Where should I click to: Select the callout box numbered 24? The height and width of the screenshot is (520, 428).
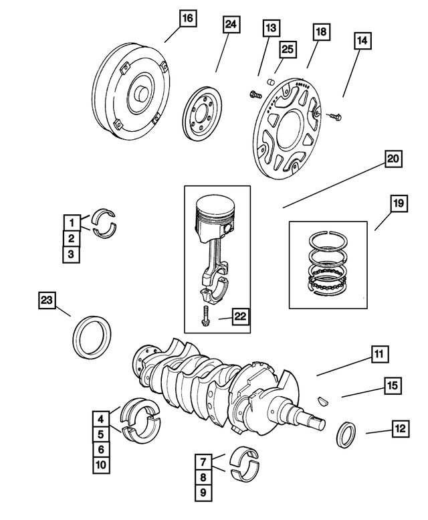pyautogui.click(x=230, y=25)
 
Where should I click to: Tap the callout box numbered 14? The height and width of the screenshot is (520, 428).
pyautogui.click(x=361, y=41)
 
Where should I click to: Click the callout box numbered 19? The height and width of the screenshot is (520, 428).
pyautogui.click(x=397, y=203)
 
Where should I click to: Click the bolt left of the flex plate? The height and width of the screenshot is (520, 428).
pyautogui.click(x=255, y=95)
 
